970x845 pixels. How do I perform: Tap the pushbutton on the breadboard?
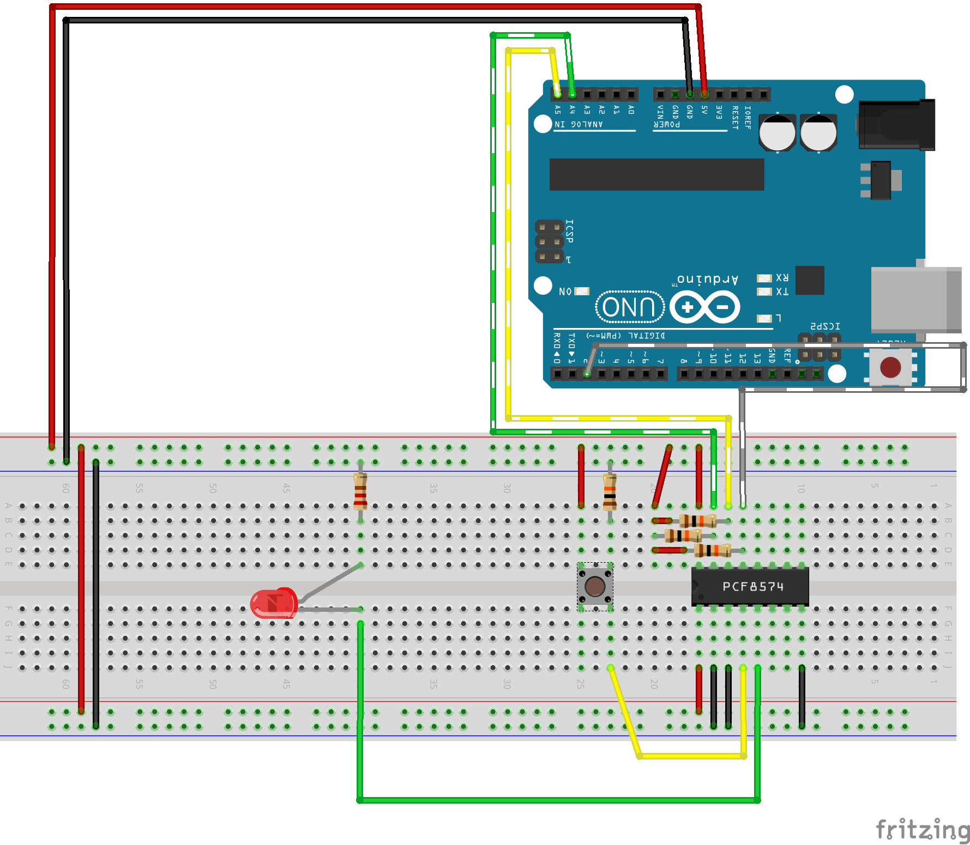tap(595, 586)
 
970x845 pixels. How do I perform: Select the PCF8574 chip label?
tap(752, 587)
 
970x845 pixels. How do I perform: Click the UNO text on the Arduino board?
tap(630, 307)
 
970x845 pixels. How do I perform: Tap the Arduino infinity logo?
tap(704, 307)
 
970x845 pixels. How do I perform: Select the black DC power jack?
tap(896, 125)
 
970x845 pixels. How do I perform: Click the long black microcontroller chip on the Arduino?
tap(656, 174)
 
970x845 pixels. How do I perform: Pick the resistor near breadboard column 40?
tap(360, 491)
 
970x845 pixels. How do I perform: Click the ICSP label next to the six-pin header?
tap(569, 231)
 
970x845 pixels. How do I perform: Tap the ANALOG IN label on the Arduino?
tap(579, 124)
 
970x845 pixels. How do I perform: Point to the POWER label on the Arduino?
tap(666, 124)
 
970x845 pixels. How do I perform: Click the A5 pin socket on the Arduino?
tap(557, 94)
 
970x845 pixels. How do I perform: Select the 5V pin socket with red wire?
tap(704, 94)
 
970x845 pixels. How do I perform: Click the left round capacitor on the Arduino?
tap(777, 132)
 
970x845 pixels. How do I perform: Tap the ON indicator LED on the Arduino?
tap(582, 291)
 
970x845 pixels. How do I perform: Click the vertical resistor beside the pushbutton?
tap(610, 491)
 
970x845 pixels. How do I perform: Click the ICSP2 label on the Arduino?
tap(824, 326)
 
